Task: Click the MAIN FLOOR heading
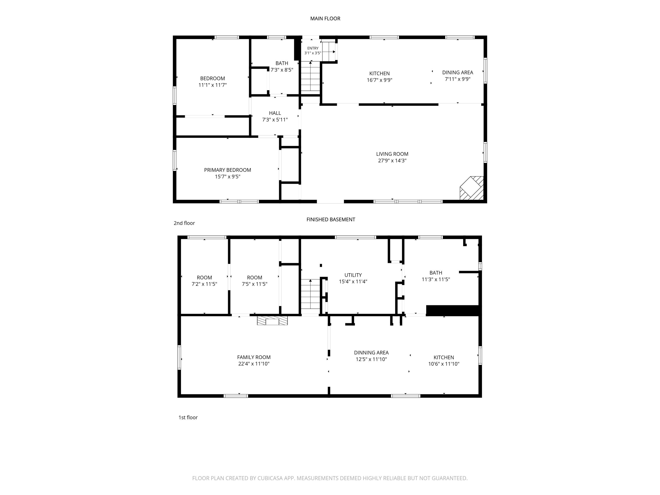(x=325, y=18)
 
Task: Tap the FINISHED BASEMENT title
(x=331, y=220)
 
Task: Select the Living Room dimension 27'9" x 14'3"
(x=392, y=161)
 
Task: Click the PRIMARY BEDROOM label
(x=227, y=170)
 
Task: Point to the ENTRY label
(x=313, y=48)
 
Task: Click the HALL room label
(x=275, y=113)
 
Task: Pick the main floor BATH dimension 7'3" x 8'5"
(x=282, y=70)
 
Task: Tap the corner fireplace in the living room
(x=472, y=188)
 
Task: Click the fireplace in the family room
(x=272, y=321)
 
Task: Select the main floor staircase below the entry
(x=310, y=77)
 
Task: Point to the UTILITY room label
(x=353, y=275)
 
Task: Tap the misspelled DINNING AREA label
(x=371, y=353)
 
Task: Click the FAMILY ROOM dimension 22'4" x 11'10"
(x=254, y=364)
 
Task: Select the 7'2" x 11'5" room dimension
(x=204, y=284)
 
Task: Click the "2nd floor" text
(x=184, y=223)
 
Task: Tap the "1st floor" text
(x=188, y=417)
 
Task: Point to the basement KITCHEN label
(x=444, y=357)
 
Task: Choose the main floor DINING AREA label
(x=457, y=73)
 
